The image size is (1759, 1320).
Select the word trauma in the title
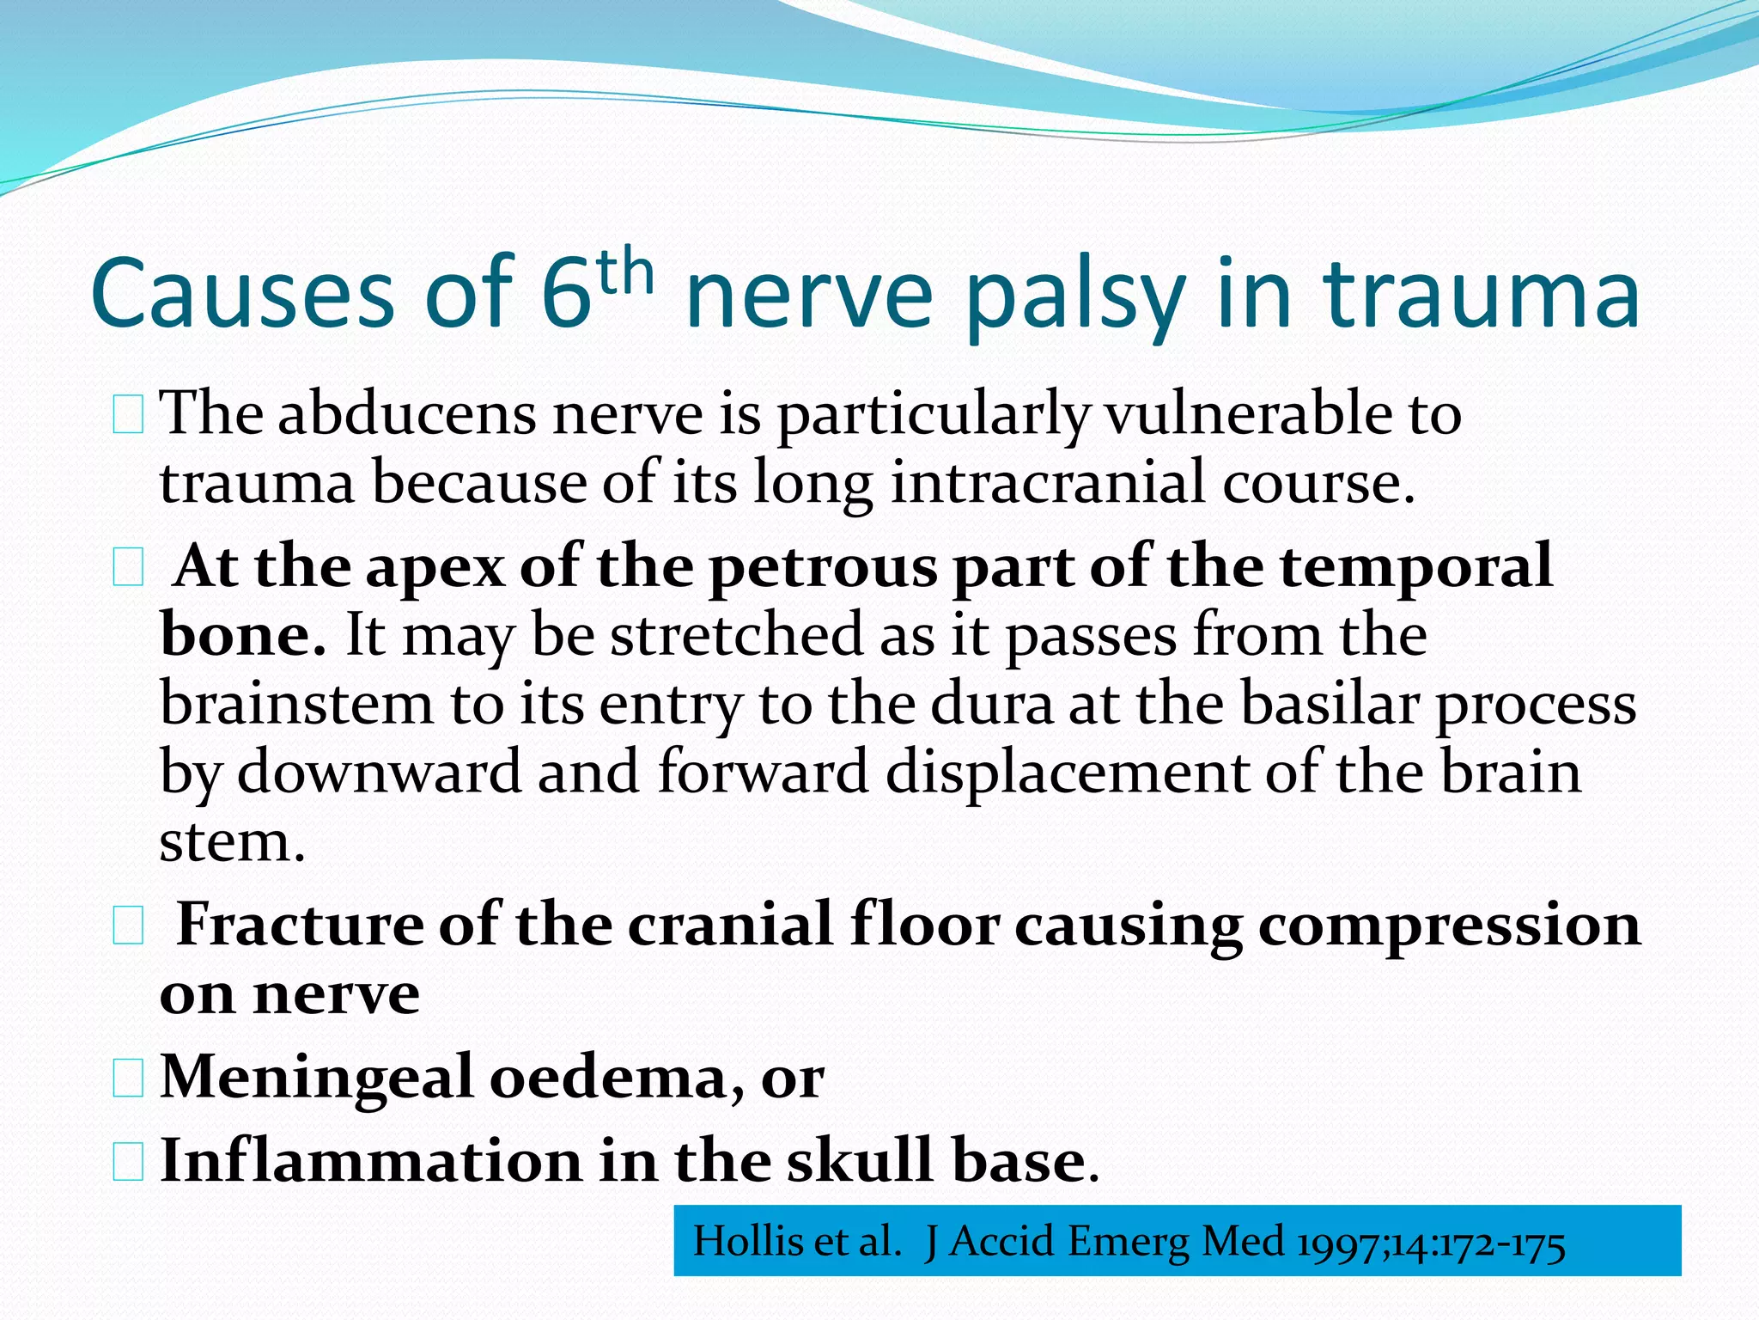(1482, 295)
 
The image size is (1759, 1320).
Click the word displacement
(1066, 772)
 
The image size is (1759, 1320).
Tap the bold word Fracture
(300, 926)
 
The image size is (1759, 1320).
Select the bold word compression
(1449, 926)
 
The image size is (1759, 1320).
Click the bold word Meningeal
(317, 1077)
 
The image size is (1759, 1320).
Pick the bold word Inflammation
(370, 1161)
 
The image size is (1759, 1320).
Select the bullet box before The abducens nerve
(128, 417)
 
